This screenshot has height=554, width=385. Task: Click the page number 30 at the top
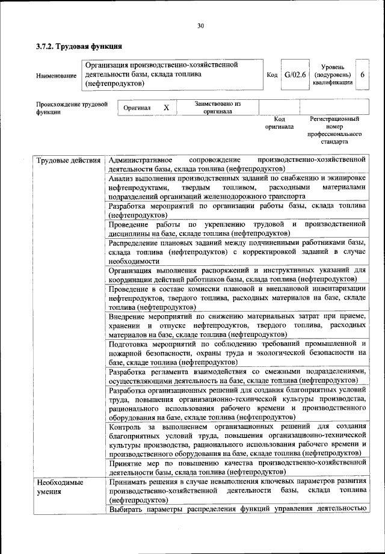click(x=200, y=25)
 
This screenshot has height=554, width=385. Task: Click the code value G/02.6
click(x=295, y=75)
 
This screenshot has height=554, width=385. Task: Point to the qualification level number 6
click(x=363, y=75)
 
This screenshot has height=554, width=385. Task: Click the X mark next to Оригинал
click(x=167, y=108)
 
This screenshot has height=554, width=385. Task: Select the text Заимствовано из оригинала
click(x=218, y=108)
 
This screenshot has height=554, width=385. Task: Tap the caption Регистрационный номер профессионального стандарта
click(x=334, y=132)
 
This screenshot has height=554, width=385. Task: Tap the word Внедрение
click(x=129, y=316)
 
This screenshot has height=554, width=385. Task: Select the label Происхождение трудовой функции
click(x=71, y=108)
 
